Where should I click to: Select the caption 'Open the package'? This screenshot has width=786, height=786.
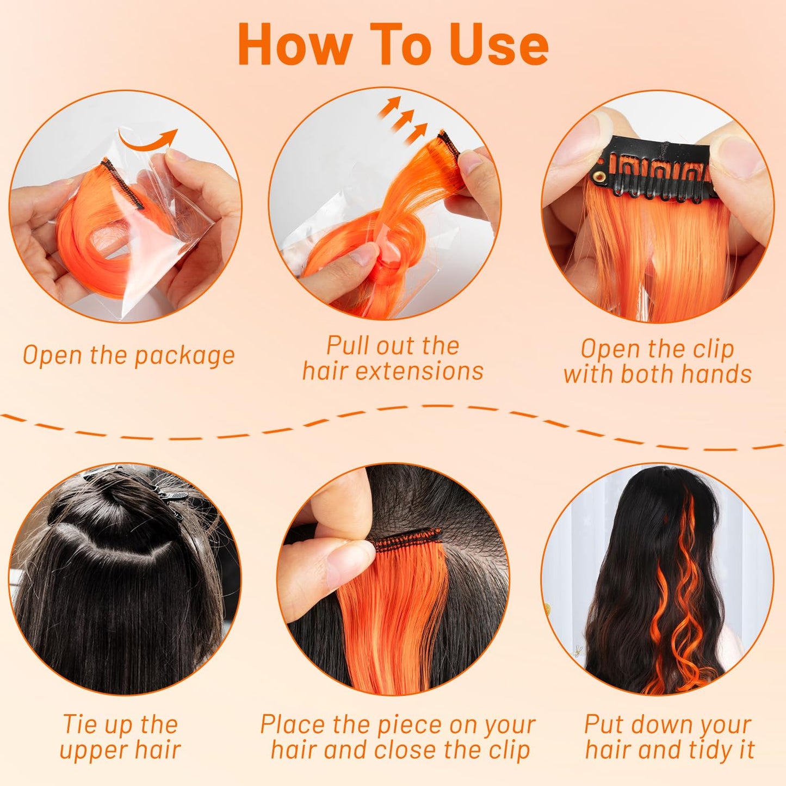(129, 356)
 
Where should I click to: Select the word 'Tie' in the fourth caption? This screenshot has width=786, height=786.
(79, 725)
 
